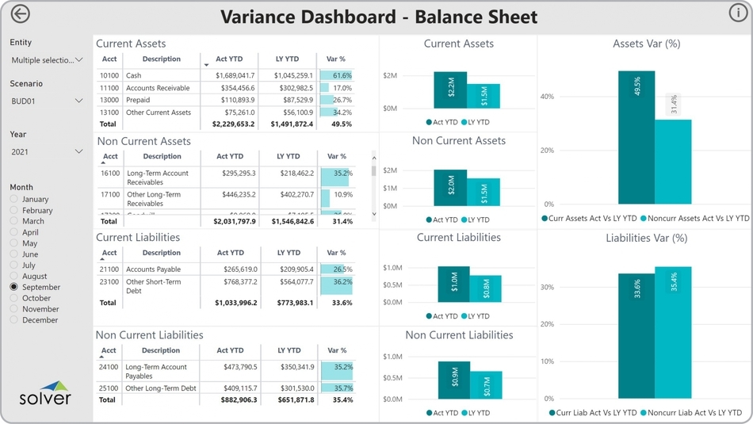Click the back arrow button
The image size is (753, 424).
tap(20, 14)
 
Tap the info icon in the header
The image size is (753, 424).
tap(736, 13)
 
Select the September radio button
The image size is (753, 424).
tap(14, 287)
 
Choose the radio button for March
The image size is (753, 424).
tap(14, 221)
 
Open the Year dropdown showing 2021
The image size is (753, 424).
tap(47, 151)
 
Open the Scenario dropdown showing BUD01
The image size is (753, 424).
tap(47, 101)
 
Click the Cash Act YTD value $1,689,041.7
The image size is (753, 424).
tap(233, 75)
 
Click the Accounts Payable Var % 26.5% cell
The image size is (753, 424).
tap(337, 269)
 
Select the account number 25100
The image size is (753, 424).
tap(109, 388)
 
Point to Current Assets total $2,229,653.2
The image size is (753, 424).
tap(233, 124)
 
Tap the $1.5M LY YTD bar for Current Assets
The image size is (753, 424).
tap(484, 96)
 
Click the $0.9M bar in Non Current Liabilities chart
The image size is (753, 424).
tap(453, 380)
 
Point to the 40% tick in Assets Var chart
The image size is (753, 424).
tap(547, 97)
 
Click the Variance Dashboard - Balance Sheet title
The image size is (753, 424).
tap(379, 17)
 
